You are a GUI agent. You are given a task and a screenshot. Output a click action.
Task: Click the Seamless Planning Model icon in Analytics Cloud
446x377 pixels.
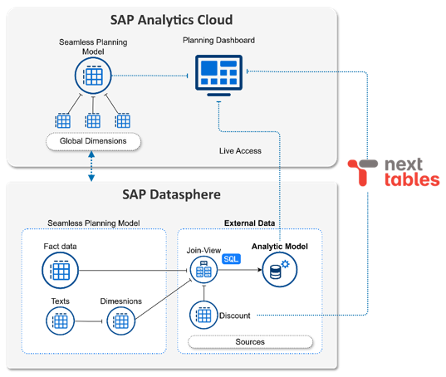[x=93, y=76]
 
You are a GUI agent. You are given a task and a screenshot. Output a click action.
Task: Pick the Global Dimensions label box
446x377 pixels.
[x=93, y=141]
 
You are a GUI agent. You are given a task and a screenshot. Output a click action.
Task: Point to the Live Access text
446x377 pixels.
[x=242, y=150]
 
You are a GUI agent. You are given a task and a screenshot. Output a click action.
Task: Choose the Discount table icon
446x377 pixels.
[x=203, y=315]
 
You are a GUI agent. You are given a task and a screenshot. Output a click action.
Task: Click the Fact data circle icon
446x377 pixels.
[x=60, y=270]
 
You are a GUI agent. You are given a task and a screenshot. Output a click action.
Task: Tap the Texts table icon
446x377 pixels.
[x=60, y=320]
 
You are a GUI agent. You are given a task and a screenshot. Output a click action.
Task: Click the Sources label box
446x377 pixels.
[x=250, y=341]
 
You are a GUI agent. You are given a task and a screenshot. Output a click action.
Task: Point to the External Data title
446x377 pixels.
[x=250, y=223]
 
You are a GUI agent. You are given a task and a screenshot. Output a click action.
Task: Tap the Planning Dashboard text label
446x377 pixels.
[x=218, y=40]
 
